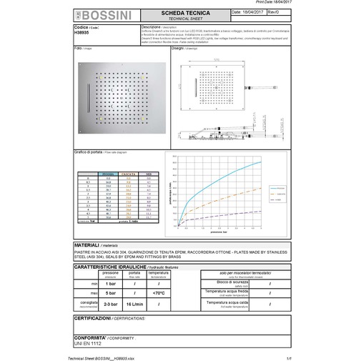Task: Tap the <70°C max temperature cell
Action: coord(159,292)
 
